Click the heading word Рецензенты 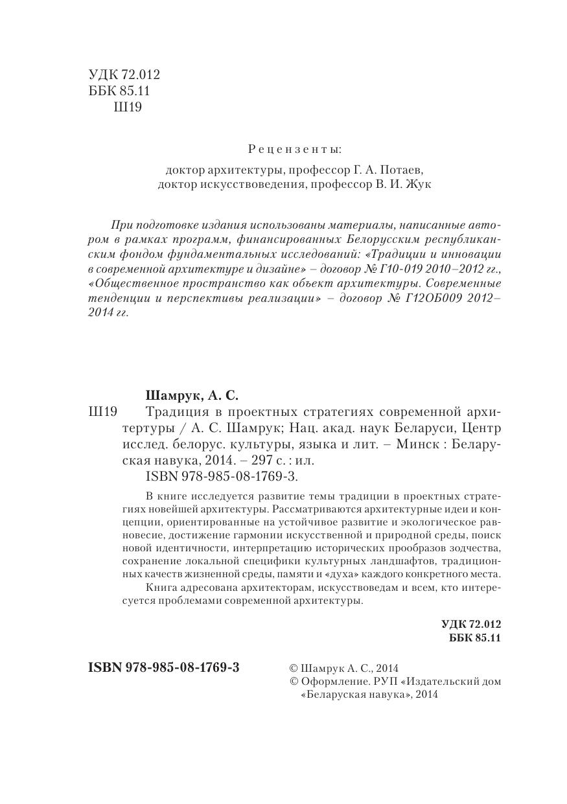[295, 150]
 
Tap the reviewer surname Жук [417, 185]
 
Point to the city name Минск [406, 444]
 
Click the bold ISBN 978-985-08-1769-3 [163, 667]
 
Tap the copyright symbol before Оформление [294, 682]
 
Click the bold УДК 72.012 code [471, 625]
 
